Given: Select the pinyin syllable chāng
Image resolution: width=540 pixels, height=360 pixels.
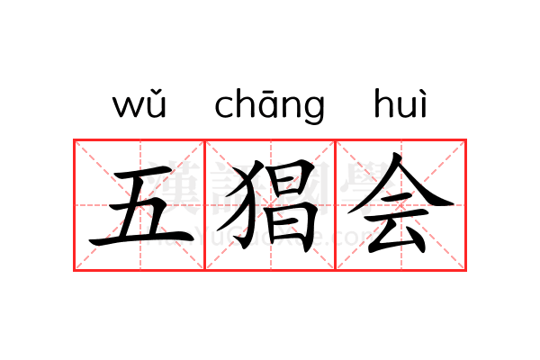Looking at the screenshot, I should point(269,106).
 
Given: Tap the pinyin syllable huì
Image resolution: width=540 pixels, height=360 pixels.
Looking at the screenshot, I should point(400,105).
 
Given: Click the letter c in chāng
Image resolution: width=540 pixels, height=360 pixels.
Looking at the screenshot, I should point(224,107).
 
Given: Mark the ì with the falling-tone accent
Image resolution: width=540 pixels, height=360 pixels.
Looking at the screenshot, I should point(423,104).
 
